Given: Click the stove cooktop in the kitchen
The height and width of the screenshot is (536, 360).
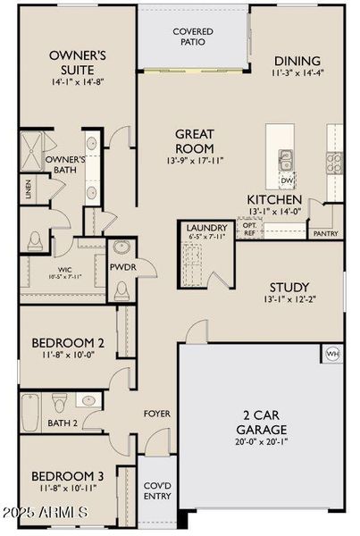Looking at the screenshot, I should pos(334,162).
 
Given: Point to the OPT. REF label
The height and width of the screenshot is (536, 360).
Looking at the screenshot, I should pos(249,230).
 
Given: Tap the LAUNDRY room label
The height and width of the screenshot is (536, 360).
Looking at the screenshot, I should pos(207,228).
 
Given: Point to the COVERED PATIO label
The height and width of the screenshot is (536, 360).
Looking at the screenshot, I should pos(193,37).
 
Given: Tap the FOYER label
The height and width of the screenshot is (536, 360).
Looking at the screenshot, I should pos(157,414).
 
